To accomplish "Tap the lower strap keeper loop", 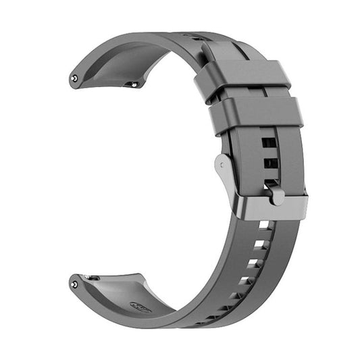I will pyautogui.click(x=255, y=114).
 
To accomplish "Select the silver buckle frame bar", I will pyautogui.click(x=270, y=208).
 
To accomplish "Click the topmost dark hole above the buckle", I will pyautogui.click(x=269, y=143).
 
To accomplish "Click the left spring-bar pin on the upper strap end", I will pyautogui.click(x=74, y=78).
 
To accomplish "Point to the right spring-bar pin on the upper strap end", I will pyautogui.click(x=134, y=84).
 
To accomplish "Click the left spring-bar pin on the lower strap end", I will pyautogui.click(x=74, y=284).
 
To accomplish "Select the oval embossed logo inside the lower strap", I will pyautogui.click(x=140, y=307).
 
